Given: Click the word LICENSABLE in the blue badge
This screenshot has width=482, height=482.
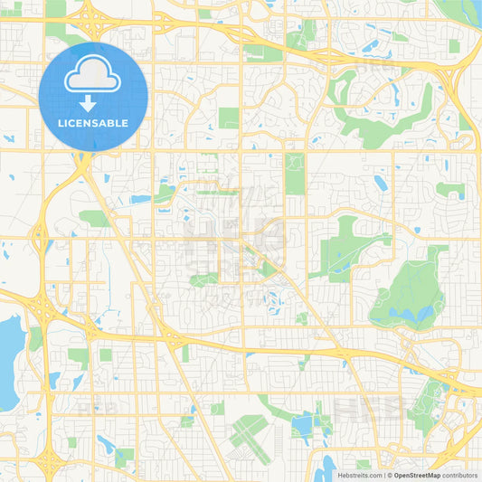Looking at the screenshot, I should pyautogui.click(x=93, y=123).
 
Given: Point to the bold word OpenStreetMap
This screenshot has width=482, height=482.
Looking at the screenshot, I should pyautogui.click(x=416, y=475).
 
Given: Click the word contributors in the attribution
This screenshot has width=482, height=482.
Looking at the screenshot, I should pyautogui.click(x=460, y=475).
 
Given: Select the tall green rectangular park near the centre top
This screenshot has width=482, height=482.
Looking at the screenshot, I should pyautogui.click(x=295, y=173).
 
